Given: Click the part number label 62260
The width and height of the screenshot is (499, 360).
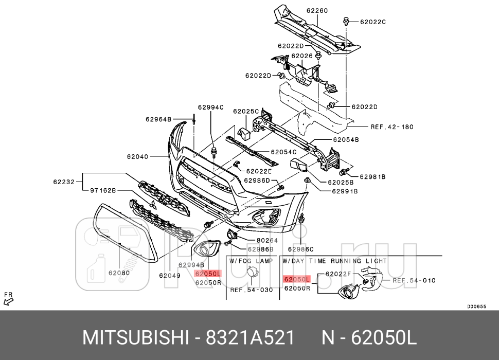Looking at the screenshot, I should click(317, 10).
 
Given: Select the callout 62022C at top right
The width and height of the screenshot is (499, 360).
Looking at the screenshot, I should click(372, 22).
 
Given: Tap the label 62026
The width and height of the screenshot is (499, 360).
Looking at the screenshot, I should click(301, 56).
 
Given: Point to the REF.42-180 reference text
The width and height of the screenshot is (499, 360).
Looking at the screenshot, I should click(392, 127).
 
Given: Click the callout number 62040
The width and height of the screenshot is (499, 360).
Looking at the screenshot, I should click(137, 156).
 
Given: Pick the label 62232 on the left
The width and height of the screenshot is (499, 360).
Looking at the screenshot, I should click(64, 181).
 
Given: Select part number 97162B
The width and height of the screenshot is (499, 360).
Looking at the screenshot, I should click(103, 190).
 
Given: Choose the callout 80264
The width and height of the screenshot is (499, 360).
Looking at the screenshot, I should click(266, 240).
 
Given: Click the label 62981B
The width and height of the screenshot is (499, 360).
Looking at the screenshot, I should click(372, 176).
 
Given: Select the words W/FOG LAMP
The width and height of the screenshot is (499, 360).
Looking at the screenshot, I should click(251, 261).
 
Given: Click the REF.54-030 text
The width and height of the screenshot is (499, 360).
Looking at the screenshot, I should click(251, 290).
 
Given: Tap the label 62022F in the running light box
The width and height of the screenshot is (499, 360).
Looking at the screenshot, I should click(338, 274).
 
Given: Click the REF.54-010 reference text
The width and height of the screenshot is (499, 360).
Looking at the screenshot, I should click(414, 280).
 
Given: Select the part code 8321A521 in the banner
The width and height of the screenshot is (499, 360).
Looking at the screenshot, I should click(250, 338).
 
